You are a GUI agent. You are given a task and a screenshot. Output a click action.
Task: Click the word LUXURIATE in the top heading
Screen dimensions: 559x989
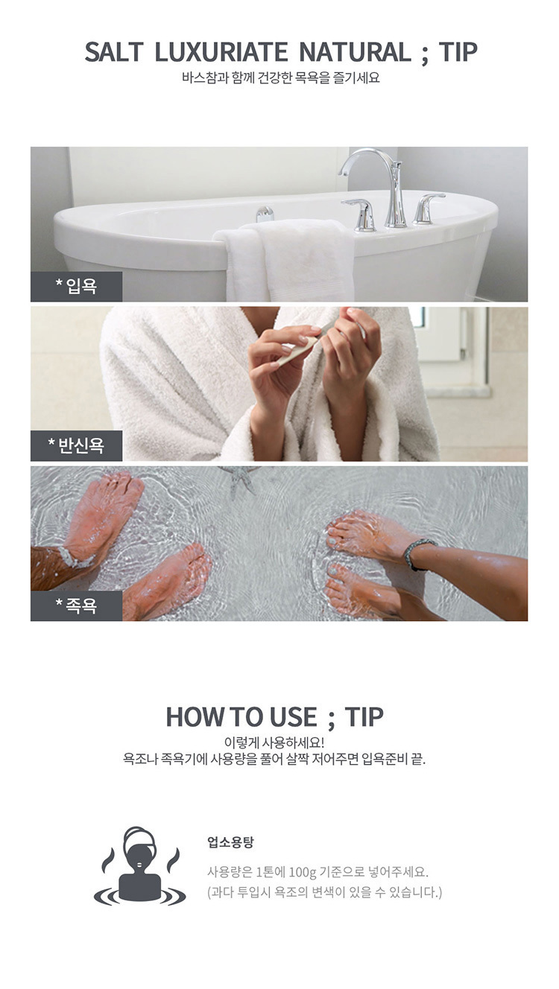(x=221, y=52)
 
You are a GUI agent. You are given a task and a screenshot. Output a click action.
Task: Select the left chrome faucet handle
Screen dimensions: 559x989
(x=360, y=214)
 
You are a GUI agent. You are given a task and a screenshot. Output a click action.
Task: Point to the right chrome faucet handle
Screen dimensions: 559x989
(x=427, y=209)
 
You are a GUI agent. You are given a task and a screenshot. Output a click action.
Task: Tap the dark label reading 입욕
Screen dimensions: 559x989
(x=77, y=287)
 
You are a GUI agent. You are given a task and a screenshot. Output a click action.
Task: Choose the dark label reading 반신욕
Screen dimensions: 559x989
(x=77, y=445)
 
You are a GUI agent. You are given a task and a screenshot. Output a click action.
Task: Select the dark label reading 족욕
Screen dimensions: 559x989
(x=77, y=605)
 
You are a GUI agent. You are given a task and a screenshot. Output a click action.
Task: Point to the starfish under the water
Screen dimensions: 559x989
(x=241, y=479)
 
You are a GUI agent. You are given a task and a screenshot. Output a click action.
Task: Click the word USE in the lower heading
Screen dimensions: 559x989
(x=294, y=716)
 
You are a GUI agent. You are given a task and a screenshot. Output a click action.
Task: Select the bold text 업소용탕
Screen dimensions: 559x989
(x=230, y=842)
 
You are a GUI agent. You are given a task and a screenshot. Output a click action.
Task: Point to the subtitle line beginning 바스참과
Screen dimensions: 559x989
(x=280, y=78)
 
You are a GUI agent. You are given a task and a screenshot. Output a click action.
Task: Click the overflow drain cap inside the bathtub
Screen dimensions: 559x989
(x=265, y=214)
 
